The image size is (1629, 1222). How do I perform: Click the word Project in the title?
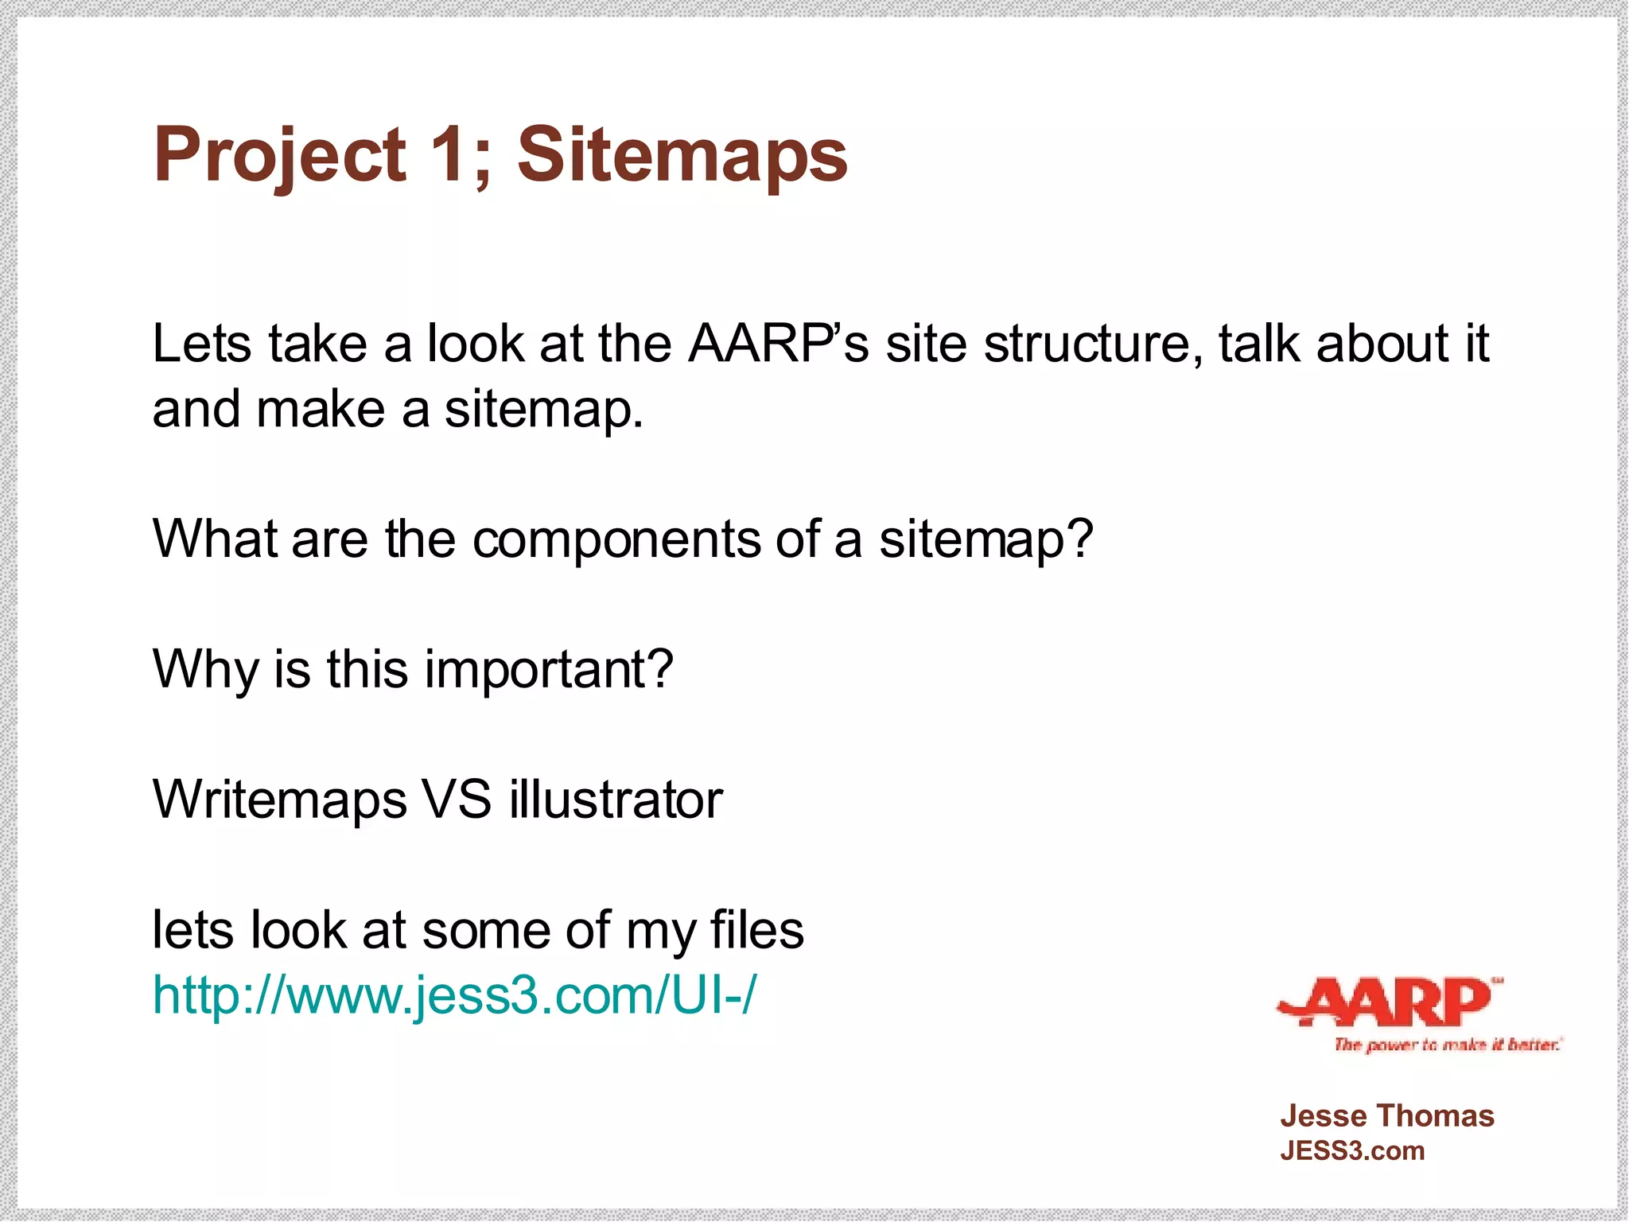pos(279,156)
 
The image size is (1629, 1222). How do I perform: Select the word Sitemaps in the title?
pos(682,156)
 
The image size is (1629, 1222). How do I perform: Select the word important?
pos(549,670)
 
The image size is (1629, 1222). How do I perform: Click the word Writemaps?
pos(279,800)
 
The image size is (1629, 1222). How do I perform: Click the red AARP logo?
pos(1388,1002)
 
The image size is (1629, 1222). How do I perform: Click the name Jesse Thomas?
pos(1386,1116)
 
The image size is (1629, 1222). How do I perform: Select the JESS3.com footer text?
pos(1351,1151)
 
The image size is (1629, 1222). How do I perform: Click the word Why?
pos(204,670)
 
